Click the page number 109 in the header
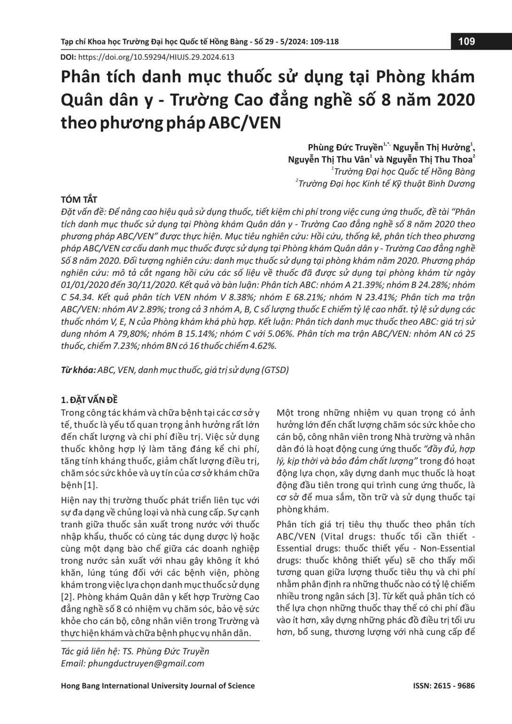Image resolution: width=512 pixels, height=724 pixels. pyautogui.click(x=466, y=41)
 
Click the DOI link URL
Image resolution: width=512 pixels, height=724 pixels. pyautogui.click(x=155, y=57)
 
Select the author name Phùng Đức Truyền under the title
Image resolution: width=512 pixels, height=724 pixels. pyautogui.click(x=345, y=147)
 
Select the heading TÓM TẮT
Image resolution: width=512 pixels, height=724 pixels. pyautogui.click(x=79, y=200)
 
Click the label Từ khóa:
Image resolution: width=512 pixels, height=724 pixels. pyautogui.click(x=78, y=370)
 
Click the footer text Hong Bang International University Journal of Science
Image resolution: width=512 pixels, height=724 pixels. pyautogui.click(x=158, y=685)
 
